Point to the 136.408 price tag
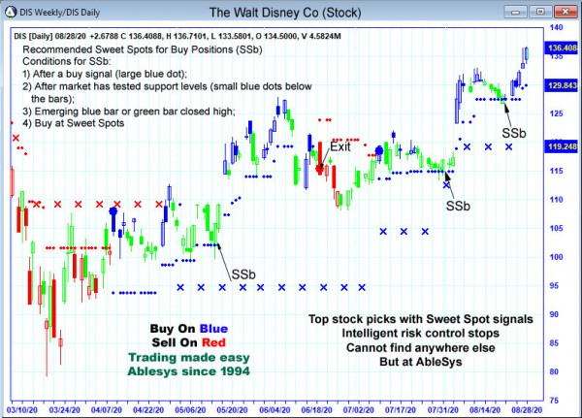pyautogui.click(x=560, y=47)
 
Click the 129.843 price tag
pyautogui.click(x=560, y=85)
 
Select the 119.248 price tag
pyautogui.click(x=560, y=146)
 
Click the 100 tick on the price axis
pyautogui.click(x=553, y=257)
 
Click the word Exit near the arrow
pyautogui.click(x=340, y=146)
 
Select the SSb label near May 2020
pyautogui.click(x=243, y=274)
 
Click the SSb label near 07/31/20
pyautogui.click(x=458, y=206)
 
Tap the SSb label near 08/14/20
pyautogui.click(x=514, y=132)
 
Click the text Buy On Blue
pyautogui.click(x=190, y=328)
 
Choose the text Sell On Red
pyautogui.click(x=190, y=342)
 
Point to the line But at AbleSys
pyautogui.click(x=419, y=363)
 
